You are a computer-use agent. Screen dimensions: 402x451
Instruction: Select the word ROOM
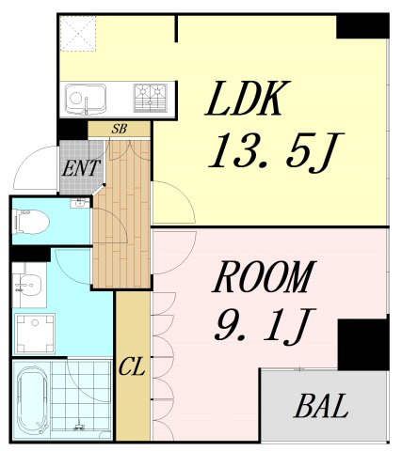point(263,277)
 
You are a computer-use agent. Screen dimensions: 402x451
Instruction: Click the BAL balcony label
point(321,406)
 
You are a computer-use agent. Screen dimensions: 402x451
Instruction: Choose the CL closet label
point(132,367)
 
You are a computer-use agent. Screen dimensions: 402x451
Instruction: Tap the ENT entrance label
point(81,168)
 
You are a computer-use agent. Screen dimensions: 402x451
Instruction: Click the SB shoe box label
point(120,129)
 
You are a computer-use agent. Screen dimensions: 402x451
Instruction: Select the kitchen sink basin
point(86,98)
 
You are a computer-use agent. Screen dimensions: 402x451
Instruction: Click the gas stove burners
point(151,98)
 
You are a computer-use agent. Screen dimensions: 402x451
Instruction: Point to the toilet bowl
point(32,222)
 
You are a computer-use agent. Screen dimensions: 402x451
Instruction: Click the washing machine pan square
point(35,334)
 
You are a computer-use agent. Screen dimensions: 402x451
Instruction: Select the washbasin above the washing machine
point(29,283)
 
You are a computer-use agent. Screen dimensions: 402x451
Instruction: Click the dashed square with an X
point(78,34)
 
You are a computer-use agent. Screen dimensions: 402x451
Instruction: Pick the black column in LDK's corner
point(362,26)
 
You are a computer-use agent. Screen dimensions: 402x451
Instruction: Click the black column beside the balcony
point(363,345)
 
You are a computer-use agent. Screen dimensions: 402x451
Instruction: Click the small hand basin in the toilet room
point(81,203)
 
